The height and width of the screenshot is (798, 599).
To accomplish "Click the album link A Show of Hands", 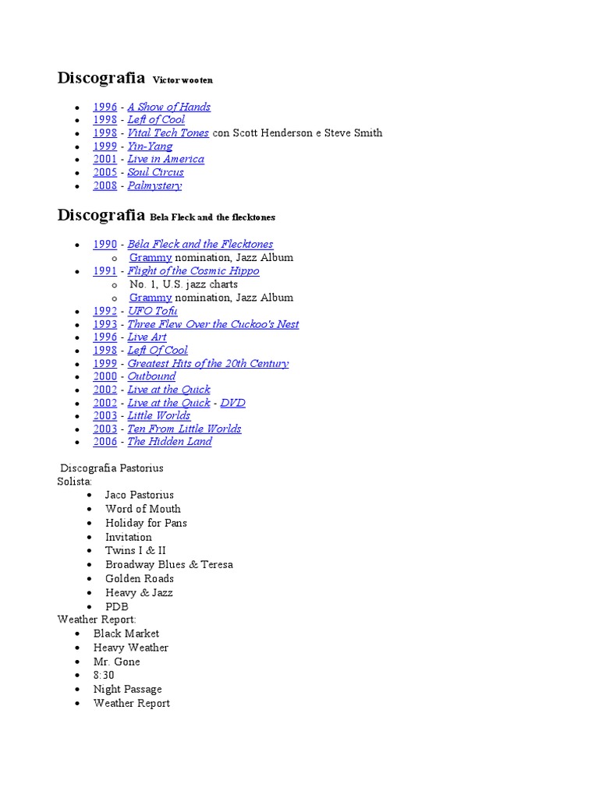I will [168, 107].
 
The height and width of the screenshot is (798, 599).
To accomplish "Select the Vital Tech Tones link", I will [168, 132].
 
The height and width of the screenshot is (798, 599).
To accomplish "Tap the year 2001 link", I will [105, 159].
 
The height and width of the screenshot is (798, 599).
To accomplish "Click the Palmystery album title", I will [154, 185].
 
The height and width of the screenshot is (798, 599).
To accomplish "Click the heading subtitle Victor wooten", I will [183, 80].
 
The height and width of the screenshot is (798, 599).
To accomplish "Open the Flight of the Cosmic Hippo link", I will [193, 270].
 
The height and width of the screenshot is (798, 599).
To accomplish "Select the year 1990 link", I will [105, 244].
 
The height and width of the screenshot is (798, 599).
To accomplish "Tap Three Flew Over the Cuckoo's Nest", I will [213, 324].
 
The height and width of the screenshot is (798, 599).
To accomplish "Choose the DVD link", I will [232, 403].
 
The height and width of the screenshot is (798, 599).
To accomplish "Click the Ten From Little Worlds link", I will [184, 429].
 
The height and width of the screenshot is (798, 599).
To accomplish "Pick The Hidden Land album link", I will [169, 441].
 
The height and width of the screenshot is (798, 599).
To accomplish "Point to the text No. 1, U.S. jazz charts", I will [183, 284].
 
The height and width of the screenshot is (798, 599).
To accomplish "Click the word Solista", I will [74, 482].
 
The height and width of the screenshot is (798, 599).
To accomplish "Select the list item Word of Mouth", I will [143, 509].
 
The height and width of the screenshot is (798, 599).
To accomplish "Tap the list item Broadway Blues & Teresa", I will [168, 564].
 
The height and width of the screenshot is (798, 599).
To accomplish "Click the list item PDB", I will [117, 606].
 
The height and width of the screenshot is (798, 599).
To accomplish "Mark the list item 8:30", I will [104, 675].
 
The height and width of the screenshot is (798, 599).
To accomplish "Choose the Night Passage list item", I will [127, 689].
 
